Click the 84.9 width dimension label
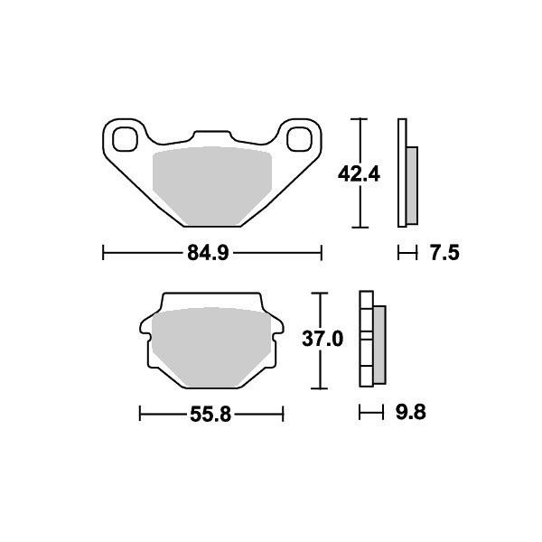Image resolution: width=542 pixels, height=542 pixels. [208, 253]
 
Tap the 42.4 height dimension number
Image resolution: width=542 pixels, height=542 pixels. [359, 173]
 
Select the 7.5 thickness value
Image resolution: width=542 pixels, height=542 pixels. [444, 253]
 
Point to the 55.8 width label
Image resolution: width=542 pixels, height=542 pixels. [210, 414]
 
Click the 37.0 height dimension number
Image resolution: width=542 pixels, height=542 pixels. [322, 339]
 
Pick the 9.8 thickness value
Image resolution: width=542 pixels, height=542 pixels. [411, 412]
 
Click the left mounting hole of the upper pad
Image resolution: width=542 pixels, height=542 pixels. [126, 139]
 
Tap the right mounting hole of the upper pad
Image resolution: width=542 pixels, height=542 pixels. [300, 139]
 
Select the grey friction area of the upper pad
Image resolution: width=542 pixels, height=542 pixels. [212, 186]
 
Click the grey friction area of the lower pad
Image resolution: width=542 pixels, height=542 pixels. [211, 347]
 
